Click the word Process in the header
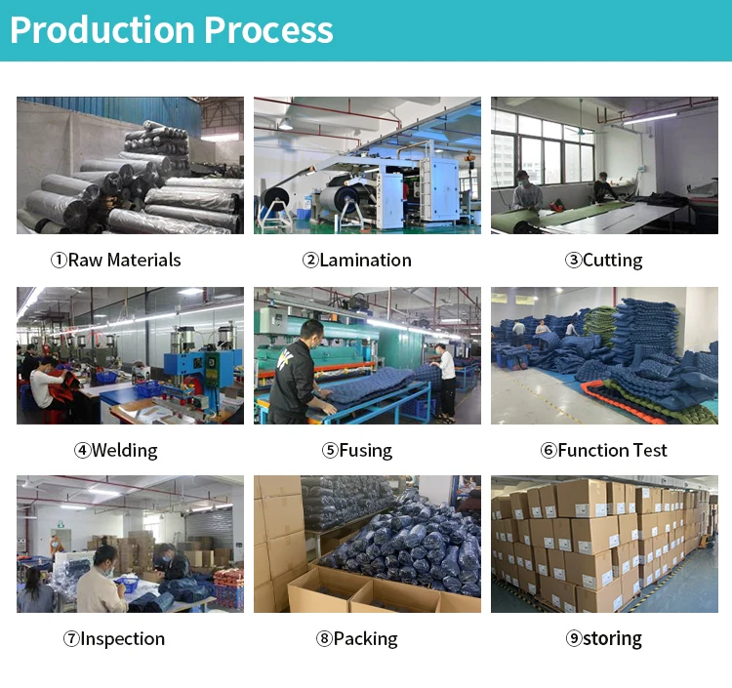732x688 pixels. pos(268,30)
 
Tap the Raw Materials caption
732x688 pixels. pos(116,261)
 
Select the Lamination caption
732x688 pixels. pos(357,261)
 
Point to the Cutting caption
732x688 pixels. pos(604,261)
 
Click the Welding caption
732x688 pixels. pos(116,450)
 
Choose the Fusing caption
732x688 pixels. pos(357,450)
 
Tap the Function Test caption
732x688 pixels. pos(604,450)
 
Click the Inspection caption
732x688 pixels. pos(116,639)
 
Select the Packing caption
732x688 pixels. pos(357,639)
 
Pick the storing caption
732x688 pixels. pos(604,639)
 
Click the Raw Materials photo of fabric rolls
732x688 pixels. pos(130,165)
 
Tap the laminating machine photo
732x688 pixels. pos(367,165)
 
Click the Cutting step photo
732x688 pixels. pos(604,165)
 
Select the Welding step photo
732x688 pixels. pos(130,355)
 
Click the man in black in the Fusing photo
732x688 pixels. pos(296,376)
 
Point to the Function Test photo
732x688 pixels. pos(604,355)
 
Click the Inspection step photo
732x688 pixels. pos(130,544)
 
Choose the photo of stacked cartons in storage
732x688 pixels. pos(604,544)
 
